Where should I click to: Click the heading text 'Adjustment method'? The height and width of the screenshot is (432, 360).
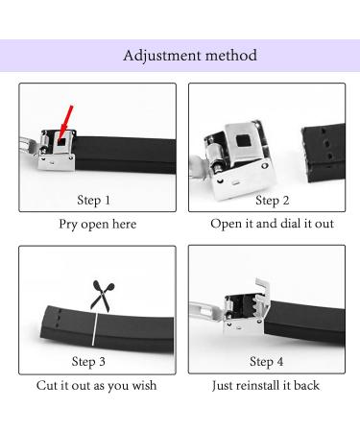point(190,56)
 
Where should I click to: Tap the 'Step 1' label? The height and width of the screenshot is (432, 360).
point(94,201)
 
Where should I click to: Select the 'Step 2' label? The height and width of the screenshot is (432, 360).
point(273,201)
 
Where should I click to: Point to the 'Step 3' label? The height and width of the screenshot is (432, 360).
point(88,362)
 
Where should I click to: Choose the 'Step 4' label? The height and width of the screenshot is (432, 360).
point(266,362)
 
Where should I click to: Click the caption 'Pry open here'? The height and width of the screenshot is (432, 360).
point(98,224)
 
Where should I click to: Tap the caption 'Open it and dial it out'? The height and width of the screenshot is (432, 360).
point(272,224)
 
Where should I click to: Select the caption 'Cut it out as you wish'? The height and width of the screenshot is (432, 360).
point(96,386)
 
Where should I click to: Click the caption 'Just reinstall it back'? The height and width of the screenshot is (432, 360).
point(266,386)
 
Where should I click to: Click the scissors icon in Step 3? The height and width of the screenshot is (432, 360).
point(102,297)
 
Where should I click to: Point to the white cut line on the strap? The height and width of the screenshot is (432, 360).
point(94,329)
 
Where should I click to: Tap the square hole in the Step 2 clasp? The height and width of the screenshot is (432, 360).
point(244,141)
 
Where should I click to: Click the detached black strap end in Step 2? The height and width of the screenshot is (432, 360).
point(324,153)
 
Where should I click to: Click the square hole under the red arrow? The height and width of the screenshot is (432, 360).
point(61,141)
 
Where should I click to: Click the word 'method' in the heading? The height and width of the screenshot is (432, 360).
point(230,56)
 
